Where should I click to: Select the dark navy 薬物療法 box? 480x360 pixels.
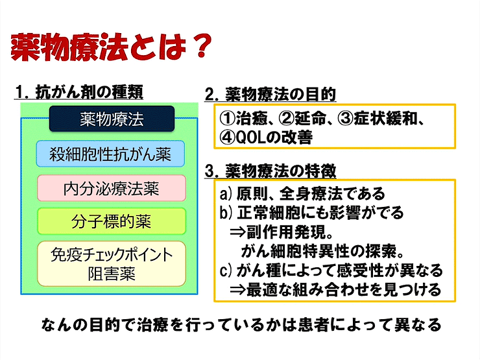click(x=112, y=119)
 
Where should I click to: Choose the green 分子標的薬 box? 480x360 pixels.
click(x=111, y=222)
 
